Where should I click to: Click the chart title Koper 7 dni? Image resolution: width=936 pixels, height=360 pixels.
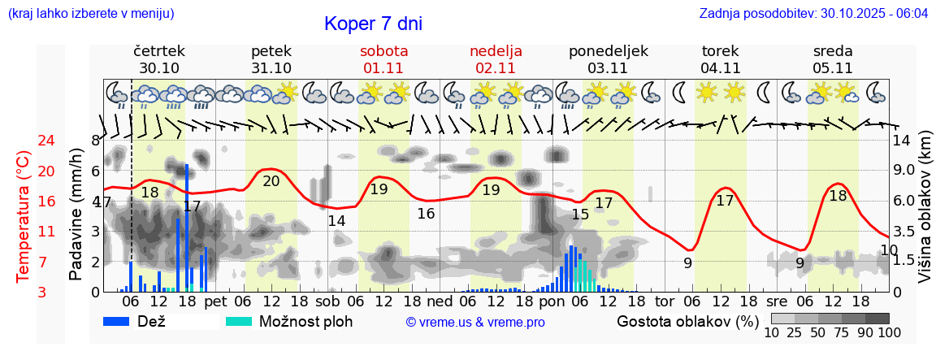pyautogui.click(x=373, y=24)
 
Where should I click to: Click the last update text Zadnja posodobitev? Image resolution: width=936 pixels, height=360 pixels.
pyautogui.click(x=813, y=14)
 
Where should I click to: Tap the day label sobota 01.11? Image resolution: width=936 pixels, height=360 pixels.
pyautogui.click(x=383, y=59)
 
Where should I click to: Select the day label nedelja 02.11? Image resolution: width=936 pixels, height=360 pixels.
pyautogui.click(x=496, y=59)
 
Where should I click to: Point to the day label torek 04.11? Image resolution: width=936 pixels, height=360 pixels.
pyautogui.click(x=721, y=59)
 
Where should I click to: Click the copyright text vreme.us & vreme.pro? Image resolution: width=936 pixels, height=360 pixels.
pyautogui.click(x=475, y=323)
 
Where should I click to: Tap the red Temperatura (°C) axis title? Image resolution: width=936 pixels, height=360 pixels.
pyautogui.click(x=24, y=216)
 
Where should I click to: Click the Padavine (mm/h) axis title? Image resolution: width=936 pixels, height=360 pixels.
pyautogui.click(x=76, y=214)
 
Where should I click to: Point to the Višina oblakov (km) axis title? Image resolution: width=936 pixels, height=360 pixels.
pyautogui.click(x=925, y=210)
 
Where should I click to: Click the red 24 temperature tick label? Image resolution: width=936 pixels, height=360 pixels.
pyautogui.click(x=24, y=141)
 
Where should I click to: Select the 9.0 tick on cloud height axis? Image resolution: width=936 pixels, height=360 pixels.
pyautogui.click(x=904, y=170)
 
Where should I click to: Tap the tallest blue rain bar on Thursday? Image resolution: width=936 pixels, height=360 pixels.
pyautogui.click(x=187, y=228)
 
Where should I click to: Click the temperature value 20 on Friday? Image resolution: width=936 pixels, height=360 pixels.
pyautogui.click(x=271, y=181)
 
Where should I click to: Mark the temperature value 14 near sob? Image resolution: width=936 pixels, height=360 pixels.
pyautogui.click(x=336, y=221)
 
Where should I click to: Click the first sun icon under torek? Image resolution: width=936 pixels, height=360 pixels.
pyautogui.click(x=707, y=92)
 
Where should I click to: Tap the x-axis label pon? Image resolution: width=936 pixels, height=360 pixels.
pyautogui.click(x=551, y=301)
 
